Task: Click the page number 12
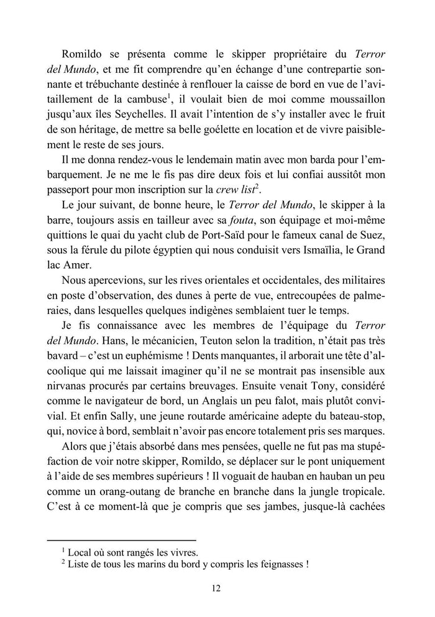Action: point(217,588)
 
